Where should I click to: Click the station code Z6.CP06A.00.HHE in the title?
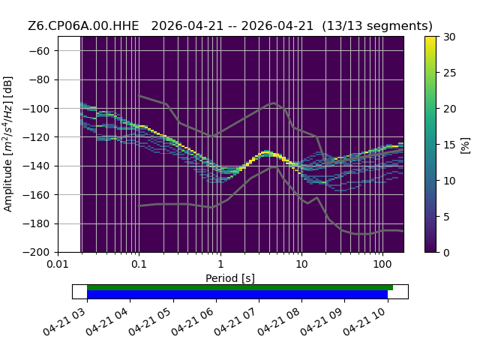pyautogui.click(x=83, y=26)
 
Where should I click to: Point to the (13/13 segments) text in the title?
pyautogui.click(x=377, y=26)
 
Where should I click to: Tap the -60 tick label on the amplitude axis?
pyautogui.click(x=39, y=51)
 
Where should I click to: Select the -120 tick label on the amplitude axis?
pyautogui.click(x=37, y=137)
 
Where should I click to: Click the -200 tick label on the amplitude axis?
pyautogui.click(x=37, y=253)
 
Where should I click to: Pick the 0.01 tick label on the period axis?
pyautogui.click(x=58, y=264)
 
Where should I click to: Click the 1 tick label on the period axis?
pyautogui.click(x=220, y=264)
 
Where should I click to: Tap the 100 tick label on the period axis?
pyautogui.click(x=382, y=264)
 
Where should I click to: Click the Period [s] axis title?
pyautogui.click(x=230, y=278)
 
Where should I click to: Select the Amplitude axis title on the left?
pyautogui.click(x=8, y=144)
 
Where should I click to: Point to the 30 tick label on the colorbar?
pyautogui.click(x=450, y=37)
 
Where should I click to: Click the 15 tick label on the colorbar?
pyautogui.click(x=450, y=145)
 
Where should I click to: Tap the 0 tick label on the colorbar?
pyautogui.click(x=447, y=253)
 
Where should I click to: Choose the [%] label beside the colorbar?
pyautogui.click(x=466, y=145)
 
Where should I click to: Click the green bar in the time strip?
pyautogui.click(x=240, y=288)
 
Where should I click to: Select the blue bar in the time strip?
pyautogui.click(x=238, y=295)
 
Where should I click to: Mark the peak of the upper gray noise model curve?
pyautogui.click(x=274, y=103)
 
